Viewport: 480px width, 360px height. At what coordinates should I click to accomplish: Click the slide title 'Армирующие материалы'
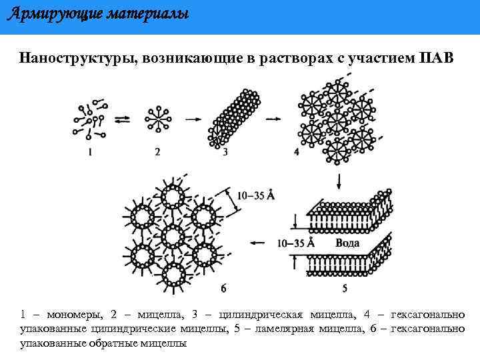[97, 13]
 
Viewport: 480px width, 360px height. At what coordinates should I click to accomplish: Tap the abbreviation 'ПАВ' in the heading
[437, 58]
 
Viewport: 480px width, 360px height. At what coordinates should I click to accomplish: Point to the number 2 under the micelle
[157, 152]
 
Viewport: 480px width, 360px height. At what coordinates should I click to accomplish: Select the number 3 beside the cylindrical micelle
[225, 152]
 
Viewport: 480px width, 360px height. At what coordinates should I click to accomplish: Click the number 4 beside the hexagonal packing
[296, 152]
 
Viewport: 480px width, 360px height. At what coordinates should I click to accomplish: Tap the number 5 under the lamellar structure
[344, 289]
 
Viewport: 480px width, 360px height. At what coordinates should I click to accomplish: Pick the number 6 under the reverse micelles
[223, 289]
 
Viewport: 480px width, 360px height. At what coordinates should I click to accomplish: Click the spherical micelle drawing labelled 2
[158, 118]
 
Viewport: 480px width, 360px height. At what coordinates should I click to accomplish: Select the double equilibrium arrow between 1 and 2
[122, 119]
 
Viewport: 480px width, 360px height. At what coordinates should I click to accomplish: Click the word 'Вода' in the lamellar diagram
[347, 243]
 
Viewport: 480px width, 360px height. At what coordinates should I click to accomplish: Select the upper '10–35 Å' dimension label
[256, 195]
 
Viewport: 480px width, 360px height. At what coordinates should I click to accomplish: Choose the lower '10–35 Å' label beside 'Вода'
[295, 243]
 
